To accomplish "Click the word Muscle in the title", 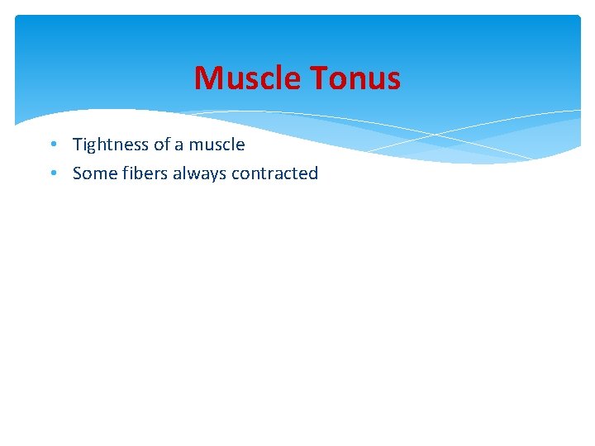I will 249,78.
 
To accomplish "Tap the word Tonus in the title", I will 355,78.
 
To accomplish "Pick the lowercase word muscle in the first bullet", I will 217,145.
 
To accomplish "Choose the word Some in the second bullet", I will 95,173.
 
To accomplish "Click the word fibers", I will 145,173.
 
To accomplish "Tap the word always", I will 199,173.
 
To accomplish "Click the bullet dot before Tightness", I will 52,145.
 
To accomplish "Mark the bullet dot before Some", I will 52,173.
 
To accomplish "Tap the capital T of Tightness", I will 78,145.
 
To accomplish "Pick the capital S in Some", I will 78,173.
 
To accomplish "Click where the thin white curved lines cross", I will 437,133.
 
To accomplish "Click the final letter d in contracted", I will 313,173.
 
